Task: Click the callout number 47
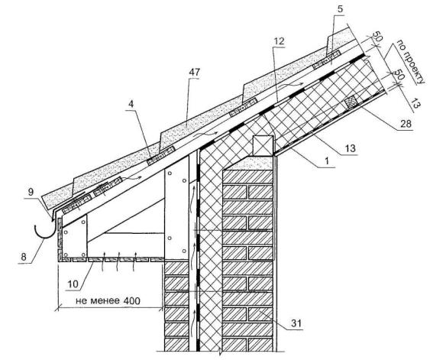point(194,73)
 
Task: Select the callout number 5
point(340,9)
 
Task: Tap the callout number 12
point(278,41)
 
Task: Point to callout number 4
point(131,104)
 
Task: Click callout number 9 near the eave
point(31,192)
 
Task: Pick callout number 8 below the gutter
point(24,257)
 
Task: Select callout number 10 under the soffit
point(73,284)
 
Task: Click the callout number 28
point(406,124)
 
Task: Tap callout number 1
point(327,161)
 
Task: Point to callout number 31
point(296,323)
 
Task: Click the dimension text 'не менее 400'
point(108,301)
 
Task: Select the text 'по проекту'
point(411,62)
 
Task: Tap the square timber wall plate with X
point(263,146)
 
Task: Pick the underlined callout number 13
point(350,148)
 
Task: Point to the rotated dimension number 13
point(415,103)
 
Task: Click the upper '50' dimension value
point(377,36)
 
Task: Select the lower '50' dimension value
point(399,75)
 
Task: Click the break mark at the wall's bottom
point(219,352)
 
